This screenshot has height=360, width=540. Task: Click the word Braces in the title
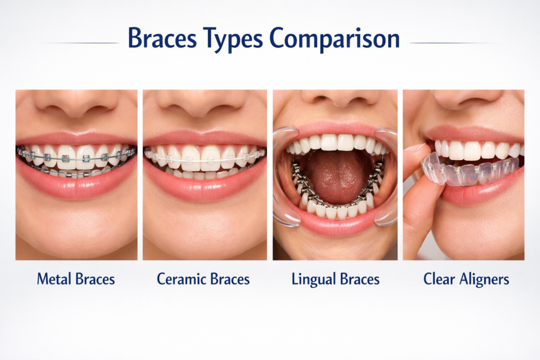coord(161,40)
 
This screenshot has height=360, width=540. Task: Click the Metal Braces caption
coord(76,279)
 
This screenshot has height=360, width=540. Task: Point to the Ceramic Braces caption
coord(203,279)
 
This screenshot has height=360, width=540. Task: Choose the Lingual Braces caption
coord(335,279)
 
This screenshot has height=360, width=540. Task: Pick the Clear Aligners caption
coord(466,279)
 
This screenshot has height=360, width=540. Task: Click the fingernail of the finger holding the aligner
coord(417,148)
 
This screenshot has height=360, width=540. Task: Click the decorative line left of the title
coord(82,43)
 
